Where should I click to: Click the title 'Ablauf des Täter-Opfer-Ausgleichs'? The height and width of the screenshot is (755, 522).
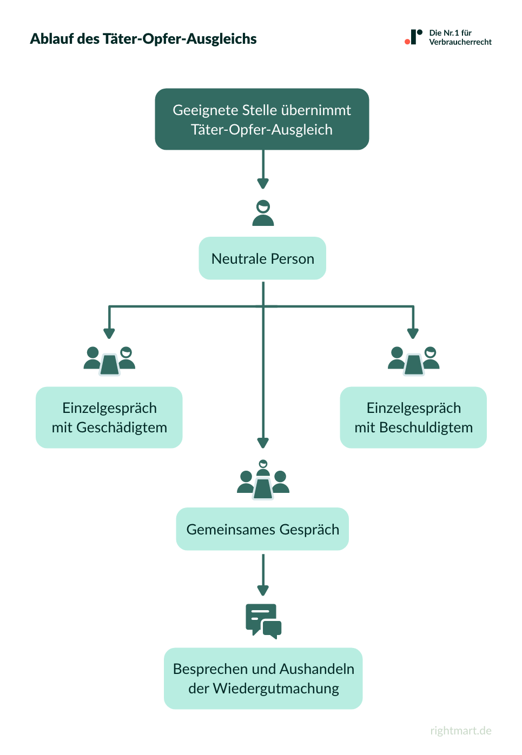coord(143,39)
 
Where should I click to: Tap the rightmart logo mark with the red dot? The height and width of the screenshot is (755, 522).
coord(413,37)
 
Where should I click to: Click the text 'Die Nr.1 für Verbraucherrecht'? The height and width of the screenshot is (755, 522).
coord(460,37)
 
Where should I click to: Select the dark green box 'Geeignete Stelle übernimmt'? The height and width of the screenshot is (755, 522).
coord(262,119)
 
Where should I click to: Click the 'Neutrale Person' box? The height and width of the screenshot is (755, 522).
coord(262,258)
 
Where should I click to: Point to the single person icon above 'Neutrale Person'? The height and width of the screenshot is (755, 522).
coord(263,213)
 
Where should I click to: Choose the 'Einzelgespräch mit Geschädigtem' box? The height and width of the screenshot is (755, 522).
coord(109,417)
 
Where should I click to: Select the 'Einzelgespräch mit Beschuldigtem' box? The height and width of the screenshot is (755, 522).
coord(413,417)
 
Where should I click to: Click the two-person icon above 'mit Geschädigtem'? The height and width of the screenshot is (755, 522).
coord(109,361)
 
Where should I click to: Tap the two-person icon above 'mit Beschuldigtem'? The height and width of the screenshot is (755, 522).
coord(414,361)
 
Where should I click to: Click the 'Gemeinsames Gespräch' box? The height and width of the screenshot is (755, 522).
coord(262,529)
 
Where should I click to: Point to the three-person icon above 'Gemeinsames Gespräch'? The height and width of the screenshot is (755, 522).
coord(263,480)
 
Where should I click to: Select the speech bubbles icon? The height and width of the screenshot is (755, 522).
coord(263,621)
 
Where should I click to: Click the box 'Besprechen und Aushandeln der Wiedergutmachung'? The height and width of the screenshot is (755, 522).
coord(263,678)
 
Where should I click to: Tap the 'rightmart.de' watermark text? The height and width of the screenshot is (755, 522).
coord(461,731)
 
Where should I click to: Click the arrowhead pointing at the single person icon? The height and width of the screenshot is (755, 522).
coord(263,184)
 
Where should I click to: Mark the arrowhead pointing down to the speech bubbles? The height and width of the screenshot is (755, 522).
coord(263,590)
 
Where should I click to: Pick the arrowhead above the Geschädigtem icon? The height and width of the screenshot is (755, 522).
coord(109,333)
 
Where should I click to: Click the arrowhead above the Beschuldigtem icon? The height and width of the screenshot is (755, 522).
coord(413,333)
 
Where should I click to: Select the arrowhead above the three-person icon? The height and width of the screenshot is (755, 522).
coord(263,443)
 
